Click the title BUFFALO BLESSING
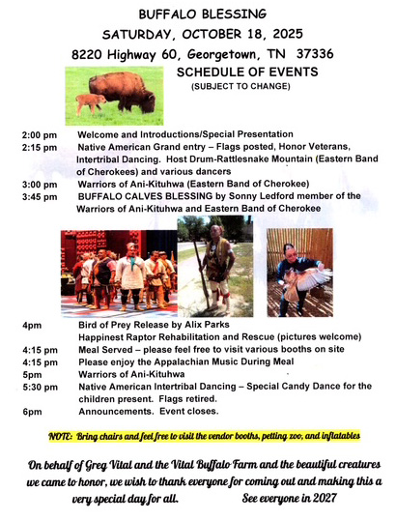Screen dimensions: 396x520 [x=203, y=14]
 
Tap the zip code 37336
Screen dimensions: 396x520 [x=315, y=54]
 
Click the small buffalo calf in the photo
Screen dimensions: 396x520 [x=89, y=103]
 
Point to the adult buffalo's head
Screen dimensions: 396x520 [x=148, y=101]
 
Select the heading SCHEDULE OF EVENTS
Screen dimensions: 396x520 [x=247, y=72]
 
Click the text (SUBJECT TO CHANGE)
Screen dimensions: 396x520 [x=240, y=86]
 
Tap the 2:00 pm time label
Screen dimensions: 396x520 [x=40, y=135]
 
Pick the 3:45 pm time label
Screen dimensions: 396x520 [x=40, y=197]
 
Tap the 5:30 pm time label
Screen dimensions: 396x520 [x=40, y=388]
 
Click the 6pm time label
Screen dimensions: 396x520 [x=32, y=412]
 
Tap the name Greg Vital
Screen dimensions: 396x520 [x=110, y=465]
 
